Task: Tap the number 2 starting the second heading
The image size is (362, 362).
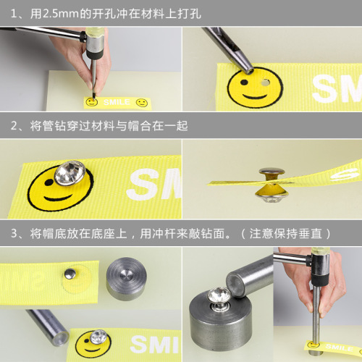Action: [14, 125]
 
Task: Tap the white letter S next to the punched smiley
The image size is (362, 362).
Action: [324, 88]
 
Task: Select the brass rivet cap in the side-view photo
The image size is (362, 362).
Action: [271, 173]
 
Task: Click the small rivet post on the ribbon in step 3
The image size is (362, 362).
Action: [69, 273]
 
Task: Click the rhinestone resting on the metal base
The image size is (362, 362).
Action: [219, 297]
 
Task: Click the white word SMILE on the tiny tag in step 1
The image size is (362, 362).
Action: [117, 102]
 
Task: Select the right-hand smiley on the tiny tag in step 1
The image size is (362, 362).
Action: [142, 103]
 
